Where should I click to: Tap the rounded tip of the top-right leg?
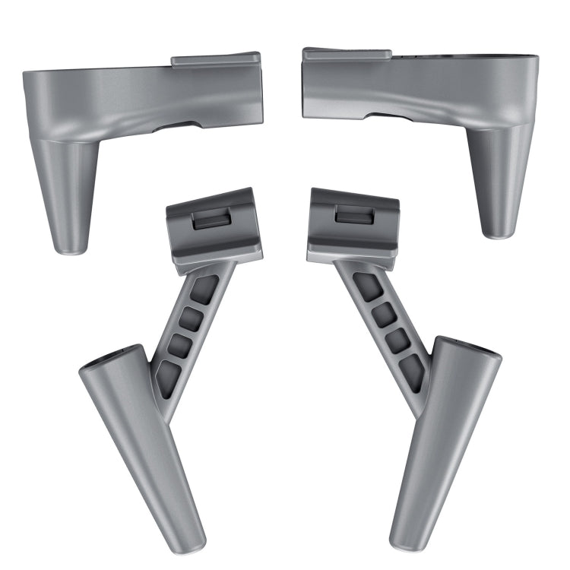[x=497, y=230]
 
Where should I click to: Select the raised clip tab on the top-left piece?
[x=216, y=59]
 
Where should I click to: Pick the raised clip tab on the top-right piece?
[x=347, y=55]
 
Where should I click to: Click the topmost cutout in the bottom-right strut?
[x=368, y=285]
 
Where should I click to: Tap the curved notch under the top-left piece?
[x=176, y=125]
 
